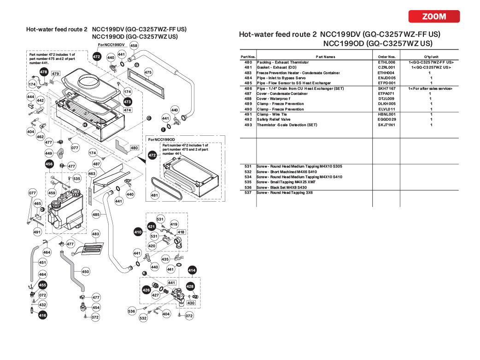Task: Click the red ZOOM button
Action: point(434,17)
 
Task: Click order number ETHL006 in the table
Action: point(386,62)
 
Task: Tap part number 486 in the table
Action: point(248,88)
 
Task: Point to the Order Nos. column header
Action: point(386,57)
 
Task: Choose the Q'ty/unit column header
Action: point(430,57)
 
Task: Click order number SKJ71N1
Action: point(386,125)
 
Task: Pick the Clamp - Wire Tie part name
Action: point(272,115)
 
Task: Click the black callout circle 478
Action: point(44,72)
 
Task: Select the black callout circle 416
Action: point(43,315)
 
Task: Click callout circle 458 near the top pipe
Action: point(134,46)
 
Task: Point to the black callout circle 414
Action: point(192,270)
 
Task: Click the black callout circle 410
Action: point(138,232)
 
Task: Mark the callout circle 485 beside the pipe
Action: point(96,215)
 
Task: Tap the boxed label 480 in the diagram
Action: point(134,148)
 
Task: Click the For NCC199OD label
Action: point(161,139)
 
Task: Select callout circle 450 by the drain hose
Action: point(86,272)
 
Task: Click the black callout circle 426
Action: point(146,290)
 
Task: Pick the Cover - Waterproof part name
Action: point(274,99)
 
